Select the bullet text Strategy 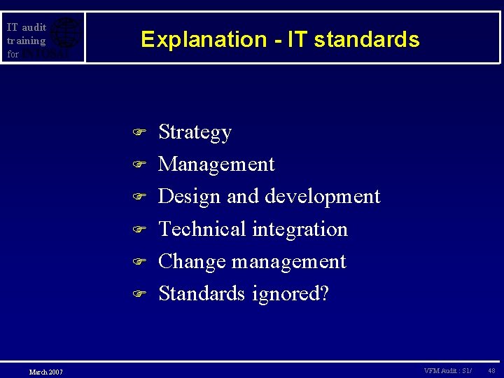(x=195, y=132)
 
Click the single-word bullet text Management (x=216, y=164)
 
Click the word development (x=321, y=196)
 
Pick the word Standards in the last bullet (x=201, y=293)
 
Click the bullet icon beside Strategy (x=139, y=132)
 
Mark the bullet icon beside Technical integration (x=139, y=230)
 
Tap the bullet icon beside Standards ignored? (x=139, y=294)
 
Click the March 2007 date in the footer (x=46, y=371)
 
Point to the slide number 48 (x=491, y=370)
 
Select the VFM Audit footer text (x=447, y=370)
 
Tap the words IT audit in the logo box (x=27, y=28)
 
